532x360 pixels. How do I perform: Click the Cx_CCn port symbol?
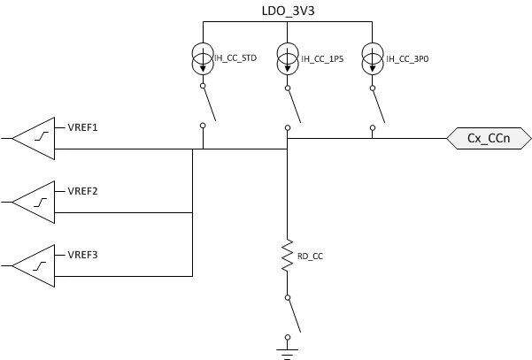point(487,139)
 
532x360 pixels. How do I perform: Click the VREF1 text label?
point(82,128)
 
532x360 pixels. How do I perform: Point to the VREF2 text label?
point(82,191)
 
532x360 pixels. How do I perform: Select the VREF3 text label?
point(82,256)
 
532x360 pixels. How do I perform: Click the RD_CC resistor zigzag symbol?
point(287,255)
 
